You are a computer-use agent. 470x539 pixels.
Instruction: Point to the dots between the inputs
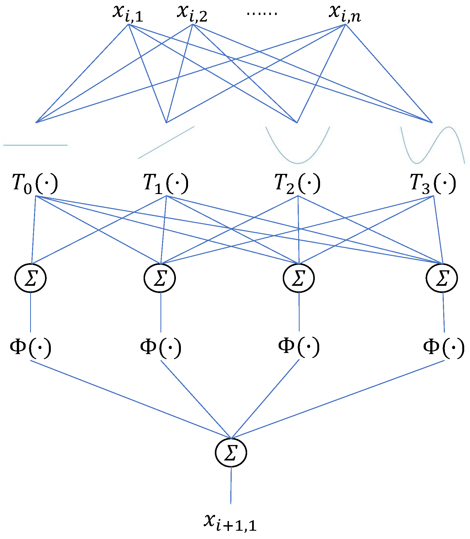262,13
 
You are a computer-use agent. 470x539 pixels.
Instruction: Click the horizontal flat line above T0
35,145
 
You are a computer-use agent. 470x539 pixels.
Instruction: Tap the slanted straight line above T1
166,142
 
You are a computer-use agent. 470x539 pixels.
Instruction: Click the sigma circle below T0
30,278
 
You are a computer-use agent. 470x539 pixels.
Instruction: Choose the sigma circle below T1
160,278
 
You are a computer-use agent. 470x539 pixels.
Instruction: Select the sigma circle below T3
442,278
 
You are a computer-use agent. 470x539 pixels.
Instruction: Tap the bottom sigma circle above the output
231,453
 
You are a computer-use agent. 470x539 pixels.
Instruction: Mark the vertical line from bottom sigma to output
231,485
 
